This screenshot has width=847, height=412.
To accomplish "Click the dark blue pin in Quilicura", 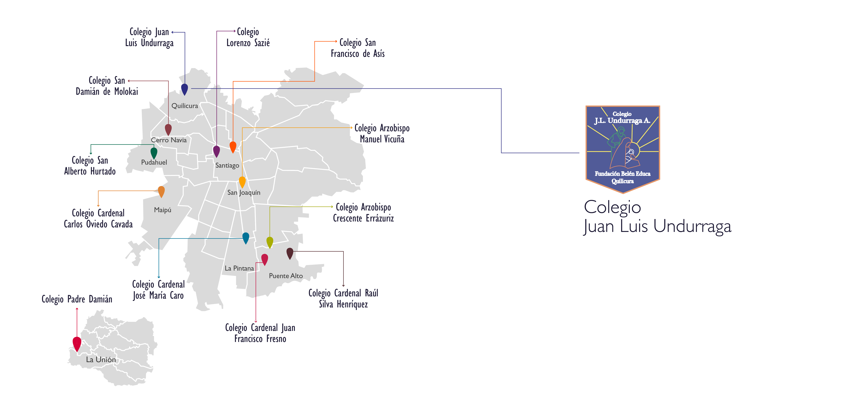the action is [x=184, y=89].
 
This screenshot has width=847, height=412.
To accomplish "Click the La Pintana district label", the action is [x=239, y=268].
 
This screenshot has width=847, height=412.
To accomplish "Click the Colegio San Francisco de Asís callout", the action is [x=358, y=48].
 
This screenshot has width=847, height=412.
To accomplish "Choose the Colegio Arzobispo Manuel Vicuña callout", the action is [x=382, y=133].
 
